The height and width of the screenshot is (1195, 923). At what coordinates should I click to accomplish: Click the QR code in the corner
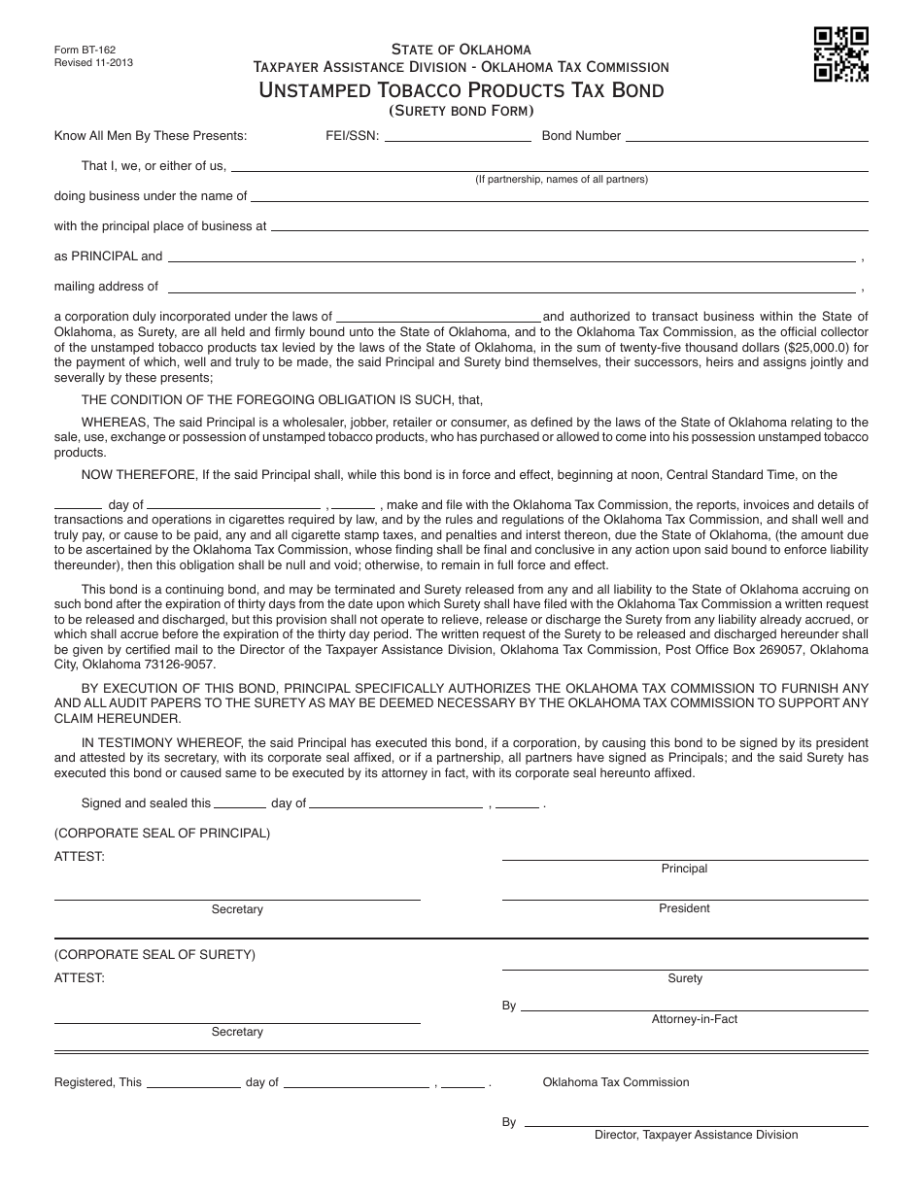click(840, 54)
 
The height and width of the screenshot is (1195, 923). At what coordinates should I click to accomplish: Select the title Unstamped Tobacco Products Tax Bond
click(461, 90)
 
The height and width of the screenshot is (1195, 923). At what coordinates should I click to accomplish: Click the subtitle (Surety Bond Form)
click(461, 111)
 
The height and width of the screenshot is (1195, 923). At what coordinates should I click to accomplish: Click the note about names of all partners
click(561, 179)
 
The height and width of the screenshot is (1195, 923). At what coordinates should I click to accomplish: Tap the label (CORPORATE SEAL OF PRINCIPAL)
click(162, 833)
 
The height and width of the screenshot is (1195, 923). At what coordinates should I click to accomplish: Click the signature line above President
click(685, 900)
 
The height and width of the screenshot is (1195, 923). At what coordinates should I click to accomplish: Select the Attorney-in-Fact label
click(695, 1019)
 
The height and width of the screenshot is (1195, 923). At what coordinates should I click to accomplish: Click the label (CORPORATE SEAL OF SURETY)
click(154, 954)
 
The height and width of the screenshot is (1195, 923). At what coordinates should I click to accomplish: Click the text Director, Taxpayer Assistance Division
click(696, 1135)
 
